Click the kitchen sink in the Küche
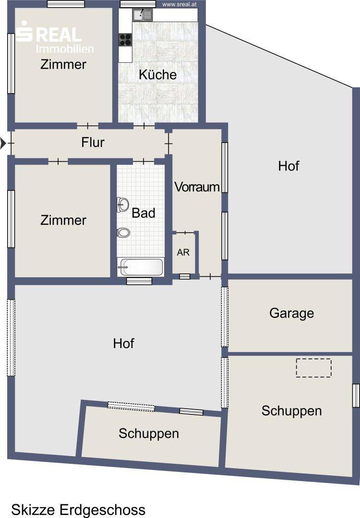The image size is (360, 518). (143, 14)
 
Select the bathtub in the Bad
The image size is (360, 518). (141, 267)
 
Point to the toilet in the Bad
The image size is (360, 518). (123, 233)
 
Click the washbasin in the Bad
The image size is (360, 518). (122, 204)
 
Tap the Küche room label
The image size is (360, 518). (158, 74)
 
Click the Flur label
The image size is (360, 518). (93, 142)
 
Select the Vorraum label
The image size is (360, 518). (197, 187)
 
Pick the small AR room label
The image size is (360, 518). (183, 252)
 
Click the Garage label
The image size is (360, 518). (291, 313)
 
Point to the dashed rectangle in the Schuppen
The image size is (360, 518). (314, 368)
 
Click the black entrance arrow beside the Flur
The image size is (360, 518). (3, 143)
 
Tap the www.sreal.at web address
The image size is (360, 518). (180, 5)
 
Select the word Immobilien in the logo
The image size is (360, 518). (65, 49)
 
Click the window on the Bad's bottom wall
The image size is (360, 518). (139, 281)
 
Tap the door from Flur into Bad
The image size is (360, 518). (144, 162)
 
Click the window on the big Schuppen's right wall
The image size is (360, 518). (356, 395)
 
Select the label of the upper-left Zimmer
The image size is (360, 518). (63, 64)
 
